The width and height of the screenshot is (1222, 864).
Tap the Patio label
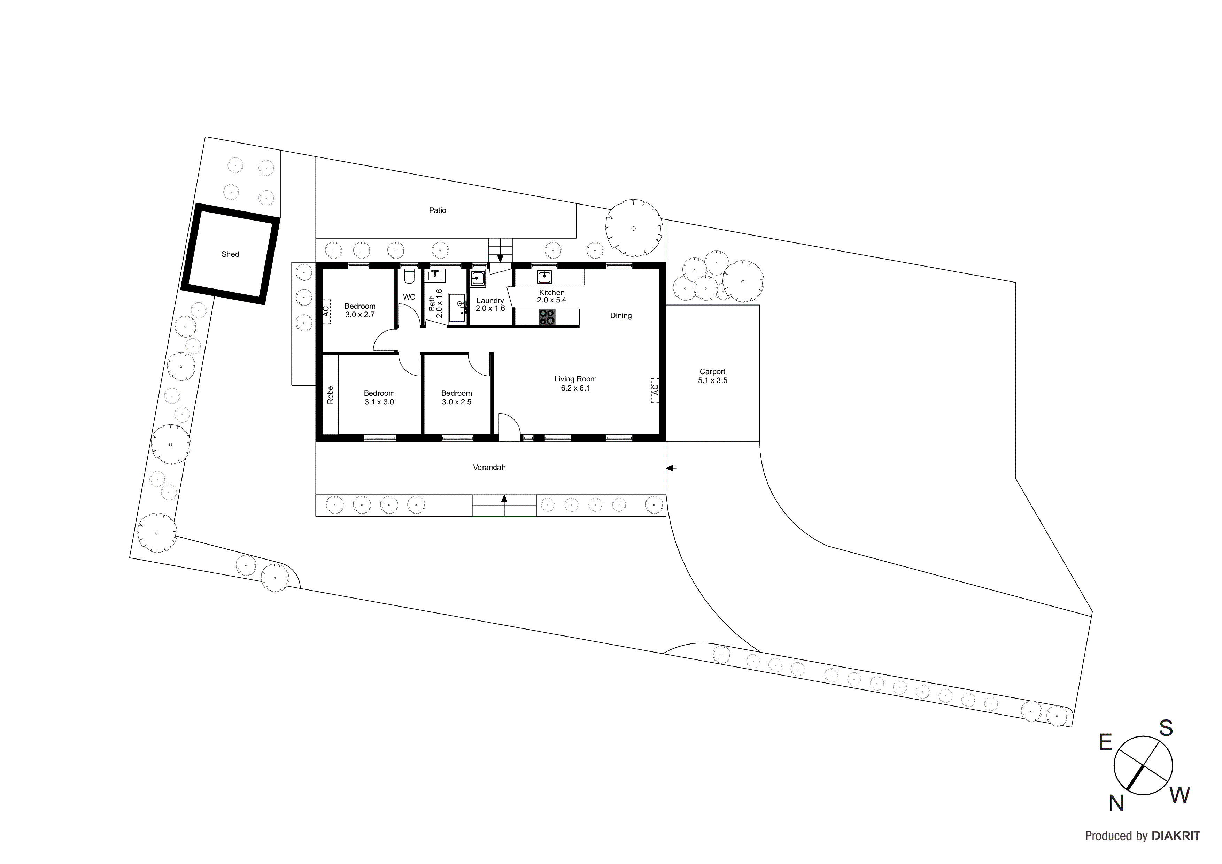click(438, 210)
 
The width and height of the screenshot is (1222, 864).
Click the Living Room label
click(575, 379)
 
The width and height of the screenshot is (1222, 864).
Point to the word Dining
click(621, 316)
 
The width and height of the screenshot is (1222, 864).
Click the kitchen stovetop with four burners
click(547, 317)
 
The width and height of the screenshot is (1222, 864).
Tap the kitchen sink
click(544, 277)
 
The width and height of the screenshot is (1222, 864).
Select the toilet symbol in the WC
click(409, 277)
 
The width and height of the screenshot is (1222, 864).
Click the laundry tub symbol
click(478, 278)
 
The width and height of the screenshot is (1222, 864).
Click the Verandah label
click(489, 468)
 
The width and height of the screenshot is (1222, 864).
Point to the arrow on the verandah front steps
click(504, 499)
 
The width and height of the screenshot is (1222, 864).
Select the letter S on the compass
click(1166, 728)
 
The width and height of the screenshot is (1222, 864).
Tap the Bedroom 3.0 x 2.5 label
click(456, 398)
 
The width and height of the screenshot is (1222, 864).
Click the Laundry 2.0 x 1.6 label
click(490, 304)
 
